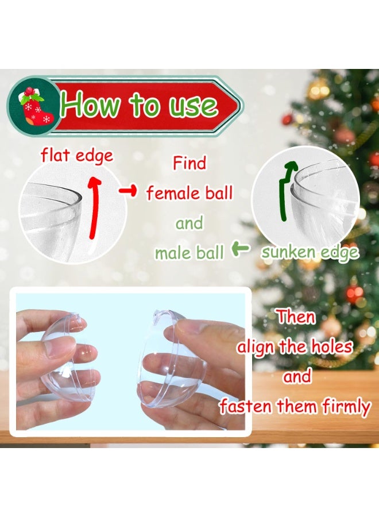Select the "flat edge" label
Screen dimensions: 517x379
(x=77, y=156)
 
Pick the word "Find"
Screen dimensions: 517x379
(x=189, y=163)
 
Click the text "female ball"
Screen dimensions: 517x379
(x=189, y=193)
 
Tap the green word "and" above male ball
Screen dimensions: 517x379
(x=189, y=223)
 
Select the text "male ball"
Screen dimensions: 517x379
(x=189, y=252)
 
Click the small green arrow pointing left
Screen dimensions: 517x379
(x=241, y=249)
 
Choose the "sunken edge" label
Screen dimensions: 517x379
(x=310, y=253)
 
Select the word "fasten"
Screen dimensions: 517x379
(x=246, y=407)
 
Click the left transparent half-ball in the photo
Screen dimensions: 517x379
(x=66, y=353)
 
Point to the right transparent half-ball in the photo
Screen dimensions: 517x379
(x=169, y=359)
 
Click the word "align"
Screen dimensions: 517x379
(x=256, y=346)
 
